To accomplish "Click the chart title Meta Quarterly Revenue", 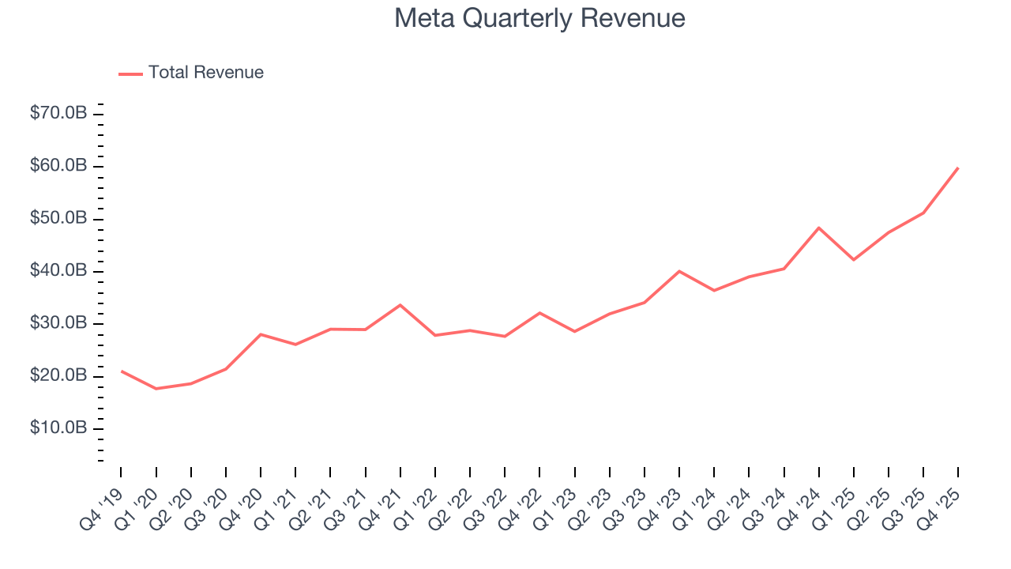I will click(539, 18).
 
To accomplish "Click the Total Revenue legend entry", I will click(205, 73).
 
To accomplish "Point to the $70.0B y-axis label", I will click(58, 114).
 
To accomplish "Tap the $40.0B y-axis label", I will click(58, 271).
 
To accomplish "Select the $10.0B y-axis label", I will click(58, 428).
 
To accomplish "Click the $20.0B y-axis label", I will click(58, 376).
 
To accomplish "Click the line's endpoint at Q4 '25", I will click(958, 168).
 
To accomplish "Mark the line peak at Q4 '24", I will click(819, 228).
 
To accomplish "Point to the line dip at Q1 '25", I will click(854, 260).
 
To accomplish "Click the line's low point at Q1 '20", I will click(156, 389).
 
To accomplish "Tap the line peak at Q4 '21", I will click(400, 305).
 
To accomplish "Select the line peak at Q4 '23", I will click(679, 271).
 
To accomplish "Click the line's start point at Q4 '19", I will click(121, 371).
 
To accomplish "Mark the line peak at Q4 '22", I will click(539, 313).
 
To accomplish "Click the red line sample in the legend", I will click(130, 73).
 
